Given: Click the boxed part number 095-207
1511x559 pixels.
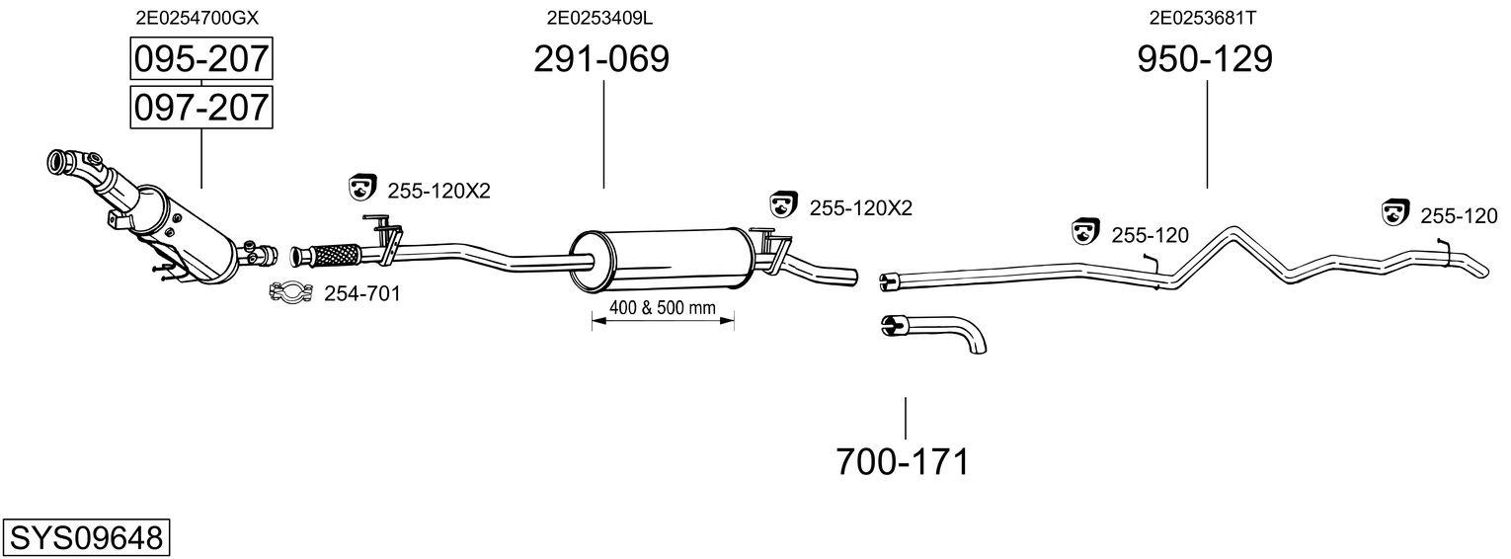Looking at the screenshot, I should (201, 60).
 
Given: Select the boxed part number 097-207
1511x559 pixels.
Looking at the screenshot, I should (201, 107).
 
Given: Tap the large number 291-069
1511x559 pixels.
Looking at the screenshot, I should (601, 60).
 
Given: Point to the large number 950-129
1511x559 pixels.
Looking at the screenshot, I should (1205, 60).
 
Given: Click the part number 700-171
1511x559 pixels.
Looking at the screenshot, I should (903, 461).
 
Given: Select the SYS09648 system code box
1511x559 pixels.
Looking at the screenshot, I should (86, 537).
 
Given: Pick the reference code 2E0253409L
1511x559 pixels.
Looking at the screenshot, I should (599, 17).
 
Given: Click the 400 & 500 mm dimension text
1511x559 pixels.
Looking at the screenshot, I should (662, 307).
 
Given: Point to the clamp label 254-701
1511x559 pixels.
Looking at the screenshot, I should (362, 293).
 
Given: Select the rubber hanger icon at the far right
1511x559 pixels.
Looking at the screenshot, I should (1394, 210).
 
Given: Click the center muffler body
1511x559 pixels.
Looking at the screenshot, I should (662, 259).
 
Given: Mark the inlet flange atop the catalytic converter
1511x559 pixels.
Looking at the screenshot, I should (66, 159).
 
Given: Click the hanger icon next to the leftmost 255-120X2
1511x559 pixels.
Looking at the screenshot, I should (363, 186).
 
